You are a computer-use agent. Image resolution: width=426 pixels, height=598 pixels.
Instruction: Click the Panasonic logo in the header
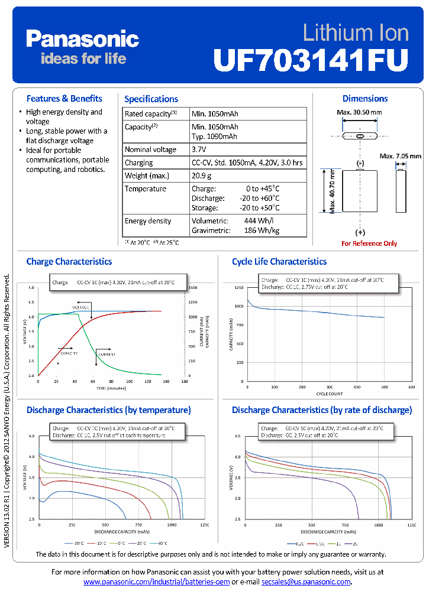point(82,40)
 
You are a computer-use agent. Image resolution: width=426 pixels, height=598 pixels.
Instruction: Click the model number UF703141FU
point(311,59)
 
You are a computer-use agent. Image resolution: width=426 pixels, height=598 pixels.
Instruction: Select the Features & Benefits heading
point(64,99)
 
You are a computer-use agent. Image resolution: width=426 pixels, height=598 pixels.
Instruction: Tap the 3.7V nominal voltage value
point(200,149)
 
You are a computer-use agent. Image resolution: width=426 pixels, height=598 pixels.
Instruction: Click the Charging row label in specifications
point(138,162)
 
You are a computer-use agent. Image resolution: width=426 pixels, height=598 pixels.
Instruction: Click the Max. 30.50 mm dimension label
point(359,112)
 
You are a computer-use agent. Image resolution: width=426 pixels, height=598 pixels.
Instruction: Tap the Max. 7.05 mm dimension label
point(401,156)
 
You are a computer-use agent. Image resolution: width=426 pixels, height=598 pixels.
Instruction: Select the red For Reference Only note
point(369,243)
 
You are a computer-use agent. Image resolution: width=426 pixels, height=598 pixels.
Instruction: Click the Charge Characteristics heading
point(69,261)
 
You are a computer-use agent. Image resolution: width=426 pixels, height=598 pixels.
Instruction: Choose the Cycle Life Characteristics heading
point(279,261)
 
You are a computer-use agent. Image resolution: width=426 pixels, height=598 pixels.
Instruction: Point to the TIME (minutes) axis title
point(111,388)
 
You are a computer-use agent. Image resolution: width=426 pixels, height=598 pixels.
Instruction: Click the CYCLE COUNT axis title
point(329,394)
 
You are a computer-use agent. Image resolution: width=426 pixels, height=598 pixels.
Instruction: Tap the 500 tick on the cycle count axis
point(384,387)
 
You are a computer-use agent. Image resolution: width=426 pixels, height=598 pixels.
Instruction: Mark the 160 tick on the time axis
point(184,382)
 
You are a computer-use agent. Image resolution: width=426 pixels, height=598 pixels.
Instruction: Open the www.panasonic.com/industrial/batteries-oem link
point(156,582)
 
